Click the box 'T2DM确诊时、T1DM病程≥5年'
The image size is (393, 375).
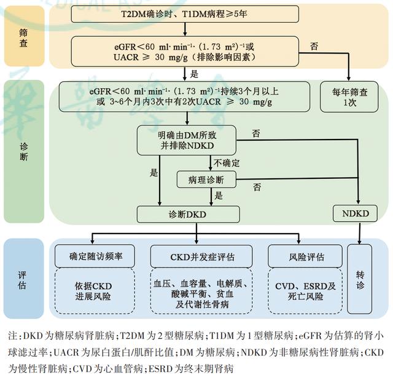(185, 14)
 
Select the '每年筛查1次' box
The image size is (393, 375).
(349, 97)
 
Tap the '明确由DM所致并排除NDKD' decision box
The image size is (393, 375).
(187, 140)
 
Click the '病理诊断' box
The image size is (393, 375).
(206, 180)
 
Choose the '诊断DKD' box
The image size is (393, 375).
(188, 215)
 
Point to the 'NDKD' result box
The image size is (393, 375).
(355, 213)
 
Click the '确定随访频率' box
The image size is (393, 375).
(95, 256)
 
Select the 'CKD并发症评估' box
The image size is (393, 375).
(201, 256)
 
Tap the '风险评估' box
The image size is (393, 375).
(305, 256)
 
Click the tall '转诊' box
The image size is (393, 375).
(359, 279)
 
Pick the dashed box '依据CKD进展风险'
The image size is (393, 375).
(95, 291)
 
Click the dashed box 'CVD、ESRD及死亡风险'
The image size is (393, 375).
(305, 291)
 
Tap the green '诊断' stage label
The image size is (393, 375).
(24, 151)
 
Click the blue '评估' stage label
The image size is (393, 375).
(23, 278)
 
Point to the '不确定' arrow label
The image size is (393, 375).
(227, 163)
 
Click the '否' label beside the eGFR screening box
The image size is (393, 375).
(314, 47)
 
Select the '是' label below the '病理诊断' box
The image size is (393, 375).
(219, 195)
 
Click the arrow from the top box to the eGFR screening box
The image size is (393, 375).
(185, 30)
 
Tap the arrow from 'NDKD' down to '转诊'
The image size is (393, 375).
(360, 233)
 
